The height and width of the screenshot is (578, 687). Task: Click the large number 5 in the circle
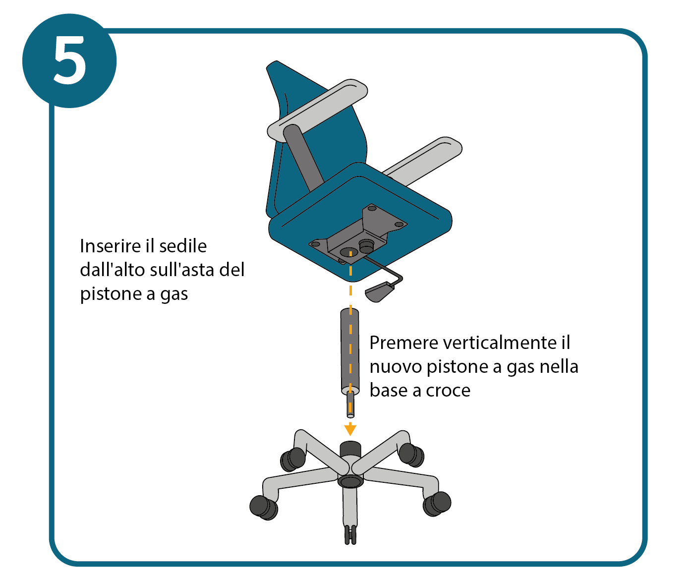[70, 60]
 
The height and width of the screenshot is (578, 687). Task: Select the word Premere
[403, 343]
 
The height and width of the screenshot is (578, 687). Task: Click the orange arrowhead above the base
[350, 430]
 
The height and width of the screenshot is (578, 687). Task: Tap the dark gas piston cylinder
[350, 351]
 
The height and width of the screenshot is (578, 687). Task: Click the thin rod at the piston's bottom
[350, 405]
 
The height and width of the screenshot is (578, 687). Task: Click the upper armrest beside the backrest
[317, 111]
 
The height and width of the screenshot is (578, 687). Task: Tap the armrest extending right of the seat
[424, 161]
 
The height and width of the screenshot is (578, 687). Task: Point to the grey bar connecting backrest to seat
[303, 158]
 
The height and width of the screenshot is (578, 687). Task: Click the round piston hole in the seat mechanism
[349, 252]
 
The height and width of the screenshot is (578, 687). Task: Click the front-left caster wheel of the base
[263, 508]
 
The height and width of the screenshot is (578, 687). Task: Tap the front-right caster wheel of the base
[437, 504]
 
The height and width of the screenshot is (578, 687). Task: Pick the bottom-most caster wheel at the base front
[350, 535]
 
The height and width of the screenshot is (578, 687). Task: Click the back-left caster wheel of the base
[293, 459]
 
